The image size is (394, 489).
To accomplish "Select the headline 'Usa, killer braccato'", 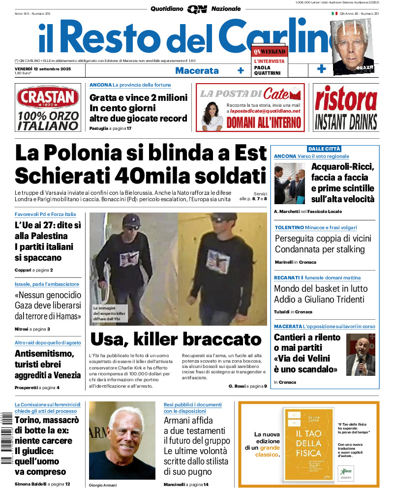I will tap(176, 339).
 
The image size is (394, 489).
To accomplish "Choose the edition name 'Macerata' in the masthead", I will tap(197, 70).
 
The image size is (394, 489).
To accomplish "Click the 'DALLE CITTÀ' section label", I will tap(324, 149).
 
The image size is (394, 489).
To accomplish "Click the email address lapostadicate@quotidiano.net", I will tap(265, 111).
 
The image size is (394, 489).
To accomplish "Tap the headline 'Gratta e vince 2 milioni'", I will tap(138, 97).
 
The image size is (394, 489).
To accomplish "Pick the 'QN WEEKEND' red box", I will tap(269, 51).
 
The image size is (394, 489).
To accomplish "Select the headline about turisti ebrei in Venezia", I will tap(47, 364).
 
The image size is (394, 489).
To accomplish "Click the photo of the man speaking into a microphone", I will tap(361, 355).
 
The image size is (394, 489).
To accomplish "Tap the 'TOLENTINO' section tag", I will tap(289, 228).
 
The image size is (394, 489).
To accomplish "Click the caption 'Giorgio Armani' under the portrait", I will tap(103, 485).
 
